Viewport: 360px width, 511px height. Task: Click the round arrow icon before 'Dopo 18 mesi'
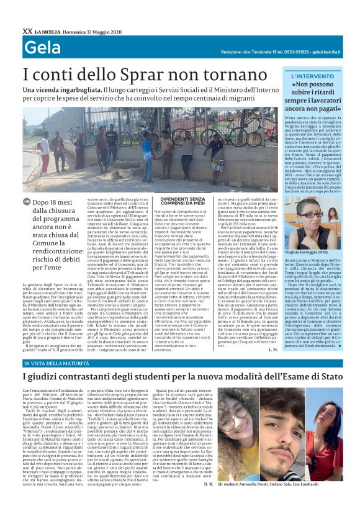tap(27, 202)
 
